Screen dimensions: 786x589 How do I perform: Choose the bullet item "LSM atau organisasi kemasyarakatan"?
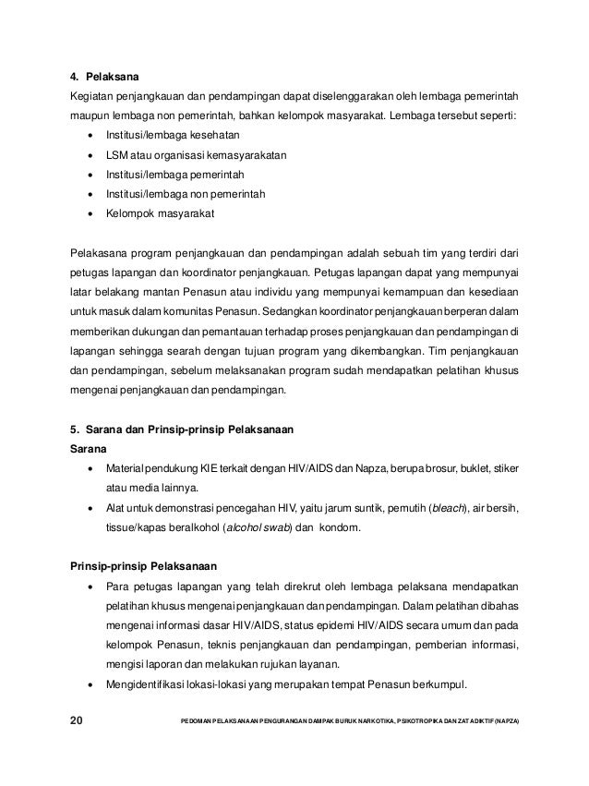[x=197, y=155]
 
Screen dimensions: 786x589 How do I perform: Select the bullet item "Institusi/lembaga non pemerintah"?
[x=186, y=194]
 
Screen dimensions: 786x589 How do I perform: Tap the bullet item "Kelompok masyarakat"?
[x=161, y=213]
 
